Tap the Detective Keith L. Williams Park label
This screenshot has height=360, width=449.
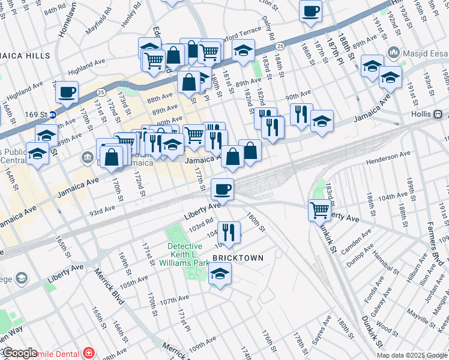(x=188, y=254)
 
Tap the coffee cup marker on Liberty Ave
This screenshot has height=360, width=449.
(x=222, y=190)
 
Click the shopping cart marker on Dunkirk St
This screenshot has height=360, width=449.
(x=319, y=210)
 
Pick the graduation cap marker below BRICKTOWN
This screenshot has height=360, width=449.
(x=220, y=274)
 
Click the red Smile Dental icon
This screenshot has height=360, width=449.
(x=89, y=352)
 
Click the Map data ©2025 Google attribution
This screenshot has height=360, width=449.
(x=412, y=355)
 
